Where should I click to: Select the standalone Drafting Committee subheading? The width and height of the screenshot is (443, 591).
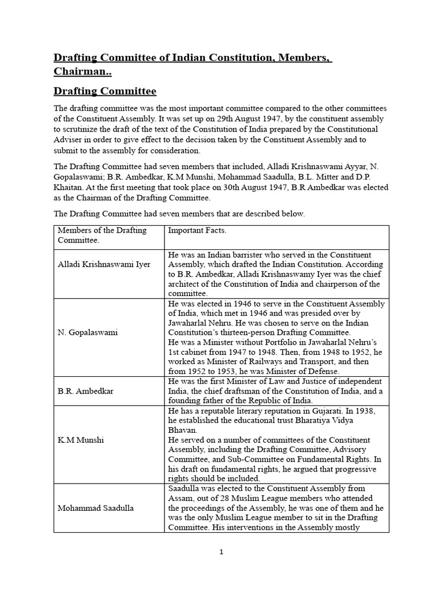point(105,92)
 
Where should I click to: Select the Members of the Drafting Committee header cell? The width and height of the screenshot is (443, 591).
point(102,235)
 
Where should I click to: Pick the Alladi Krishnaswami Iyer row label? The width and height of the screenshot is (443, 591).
point(103,264)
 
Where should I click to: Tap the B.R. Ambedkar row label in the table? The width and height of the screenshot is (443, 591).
point(85,391)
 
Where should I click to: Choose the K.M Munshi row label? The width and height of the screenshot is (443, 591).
point(80,440)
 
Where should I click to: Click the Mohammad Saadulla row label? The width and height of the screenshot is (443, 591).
point(95,508)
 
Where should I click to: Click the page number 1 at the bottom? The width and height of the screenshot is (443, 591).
point(221,552)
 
